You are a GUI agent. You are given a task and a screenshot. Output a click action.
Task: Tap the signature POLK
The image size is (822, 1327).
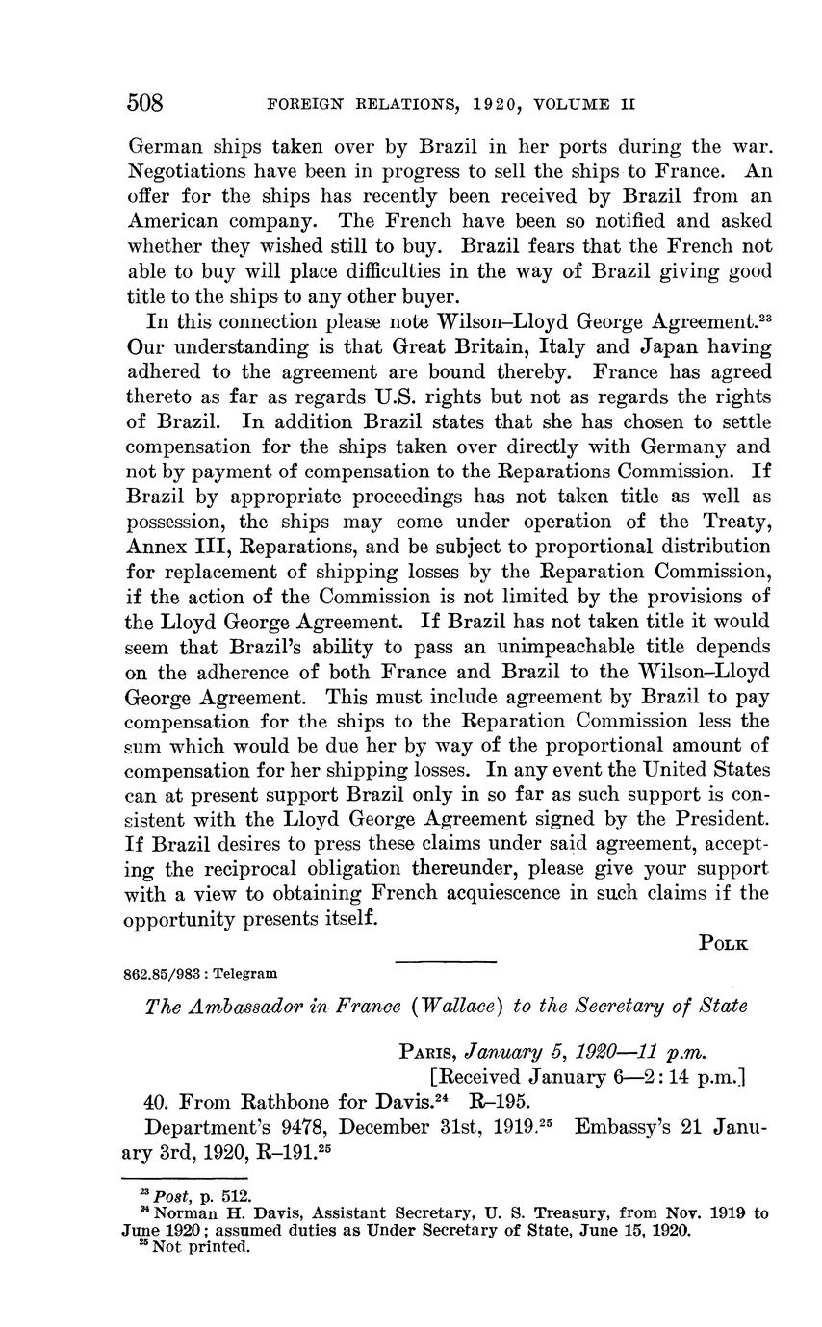tap(723, 944)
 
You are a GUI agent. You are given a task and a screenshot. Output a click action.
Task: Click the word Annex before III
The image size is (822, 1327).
tap(159, 547)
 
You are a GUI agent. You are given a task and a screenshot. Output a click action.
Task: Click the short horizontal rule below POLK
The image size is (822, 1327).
tap(446, 961)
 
